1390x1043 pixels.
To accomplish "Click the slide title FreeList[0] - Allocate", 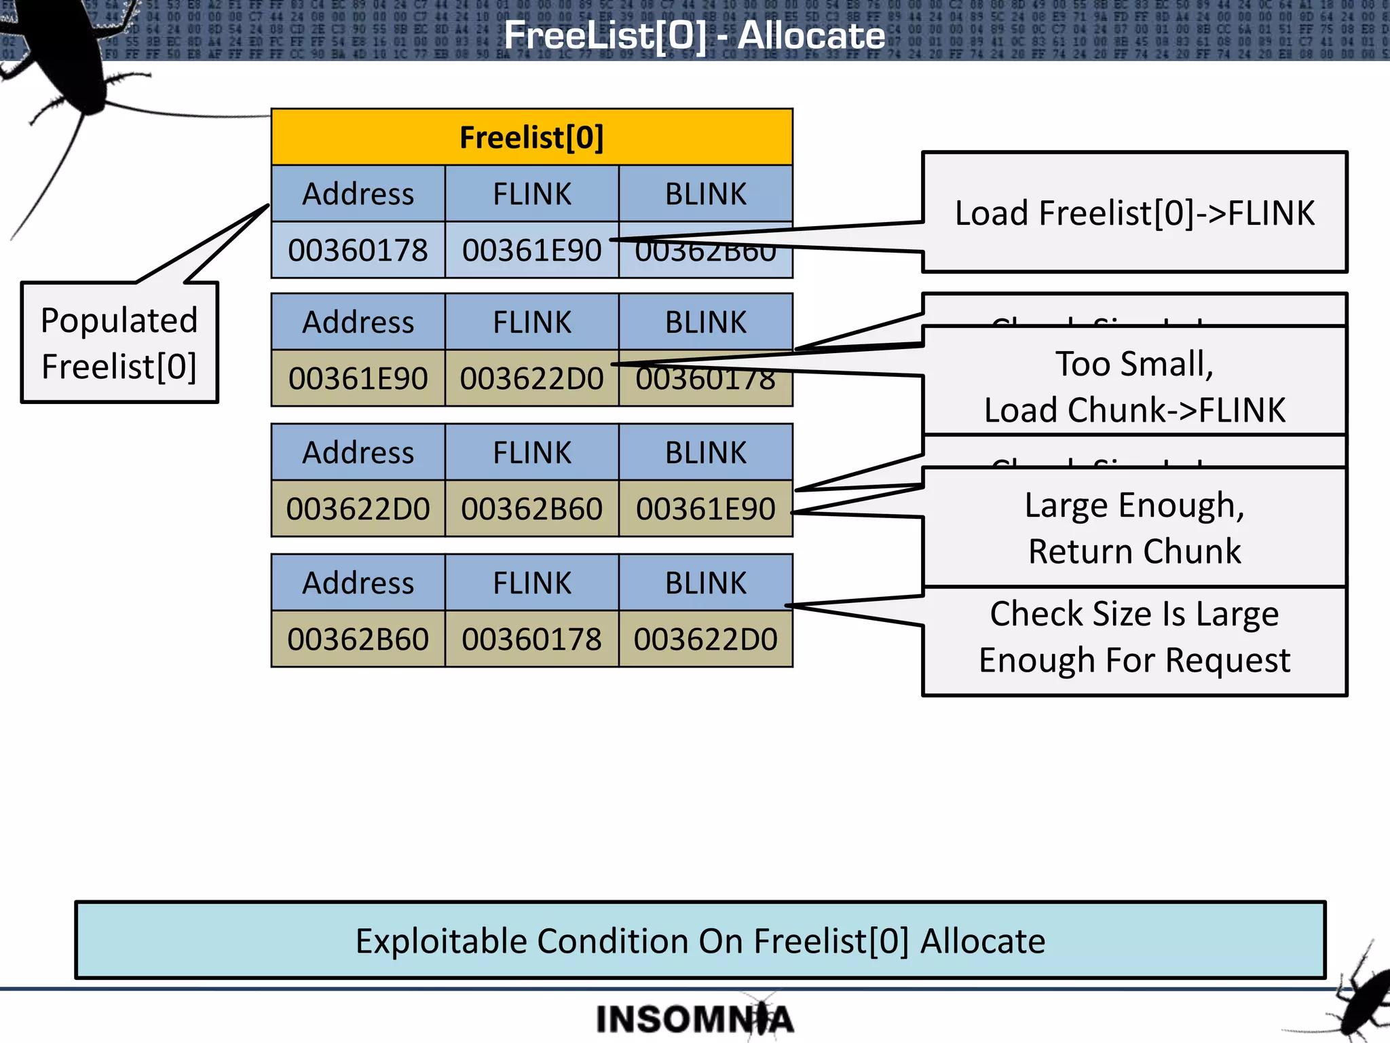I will [x=694, y=35].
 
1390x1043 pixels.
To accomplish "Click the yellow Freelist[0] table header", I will [x=531, y=137].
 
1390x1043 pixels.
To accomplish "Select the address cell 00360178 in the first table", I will [x=358, y=250].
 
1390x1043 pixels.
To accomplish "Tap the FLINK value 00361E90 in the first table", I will [x=531, y=250].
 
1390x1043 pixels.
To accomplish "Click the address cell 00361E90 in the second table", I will [x=358, y=378].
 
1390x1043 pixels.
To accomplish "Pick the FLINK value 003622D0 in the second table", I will [x=531, y=378].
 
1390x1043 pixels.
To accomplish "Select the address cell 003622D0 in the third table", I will [x=358, y=509].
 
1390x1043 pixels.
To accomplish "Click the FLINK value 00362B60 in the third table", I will [x=531, y=509].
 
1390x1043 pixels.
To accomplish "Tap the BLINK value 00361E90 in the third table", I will [x=705, y=509].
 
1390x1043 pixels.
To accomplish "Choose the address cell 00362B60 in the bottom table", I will [x=358, y=639].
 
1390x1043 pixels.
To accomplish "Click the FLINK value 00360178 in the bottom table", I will [x=531, y=639].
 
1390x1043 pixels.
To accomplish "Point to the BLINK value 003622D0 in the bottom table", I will [x=705, y=639].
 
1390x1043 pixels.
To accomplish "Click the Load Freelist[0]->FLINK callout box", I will [x=1134, y=213].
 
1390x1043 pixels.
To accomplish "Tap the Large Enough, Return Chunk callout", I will [x=1134, y=527].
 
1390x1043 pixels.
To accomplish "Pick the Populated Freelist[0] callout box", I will [x=119, y=343].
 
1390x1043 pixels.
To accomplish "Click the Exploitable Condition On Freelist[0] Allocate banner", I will [x=700, y=940].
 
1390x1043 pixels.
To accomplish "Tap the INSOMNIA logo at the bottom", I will [x=694, y=1019].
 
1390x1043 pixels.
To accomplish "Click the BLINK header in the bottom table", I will [x=705, y=583].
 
